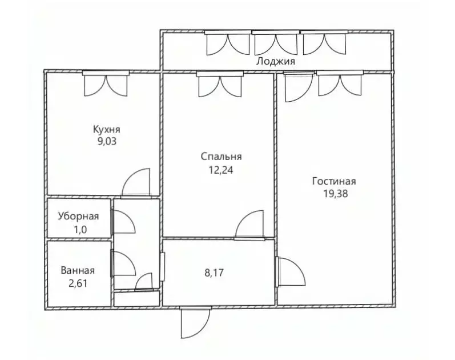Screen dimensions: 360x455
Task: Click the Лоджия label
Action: (x=276, y=61)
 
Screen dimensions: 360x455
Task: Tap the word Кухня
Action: (x=107, y=129)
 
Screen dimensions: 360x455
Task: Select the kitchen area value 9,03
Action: (x=107, y=141)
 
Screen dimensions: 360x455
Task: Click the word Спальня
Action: (x=222, y=157)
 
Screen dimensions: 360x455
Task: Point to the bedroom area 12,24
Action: (x=222, y=169)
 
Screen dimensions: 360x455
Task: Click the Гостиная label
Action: (x=334, y=181)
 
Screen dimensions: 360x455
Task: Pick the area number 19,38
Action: (x=335, y=193)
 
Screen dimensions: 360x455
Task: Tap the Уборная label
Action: (x=78, y=217)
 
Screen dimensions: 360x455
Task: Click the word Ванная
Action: (x=78, y=271)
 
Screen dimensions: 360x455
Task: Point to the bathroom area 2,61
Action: (x=78, y=282)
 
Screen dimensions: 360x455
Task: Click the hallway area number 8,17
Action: (x=214, y=273)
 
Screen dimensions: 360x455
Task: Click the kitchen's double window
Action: (x=106, y=84)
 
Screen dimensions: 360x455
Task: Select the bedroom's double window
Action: (x=220, y=84)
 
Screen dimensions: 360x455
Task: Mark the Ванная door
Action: (x=123, y=265)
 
